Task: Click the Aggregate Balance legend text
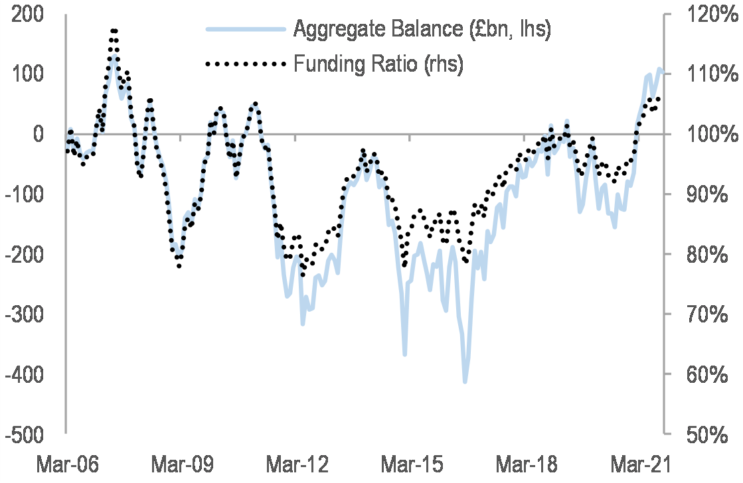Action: (422, 29)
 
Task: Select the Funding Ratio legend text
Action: (378, 64)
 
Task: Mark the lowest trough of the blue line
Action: (465, 381)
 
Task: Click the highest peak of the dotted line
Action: (114, 31)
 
